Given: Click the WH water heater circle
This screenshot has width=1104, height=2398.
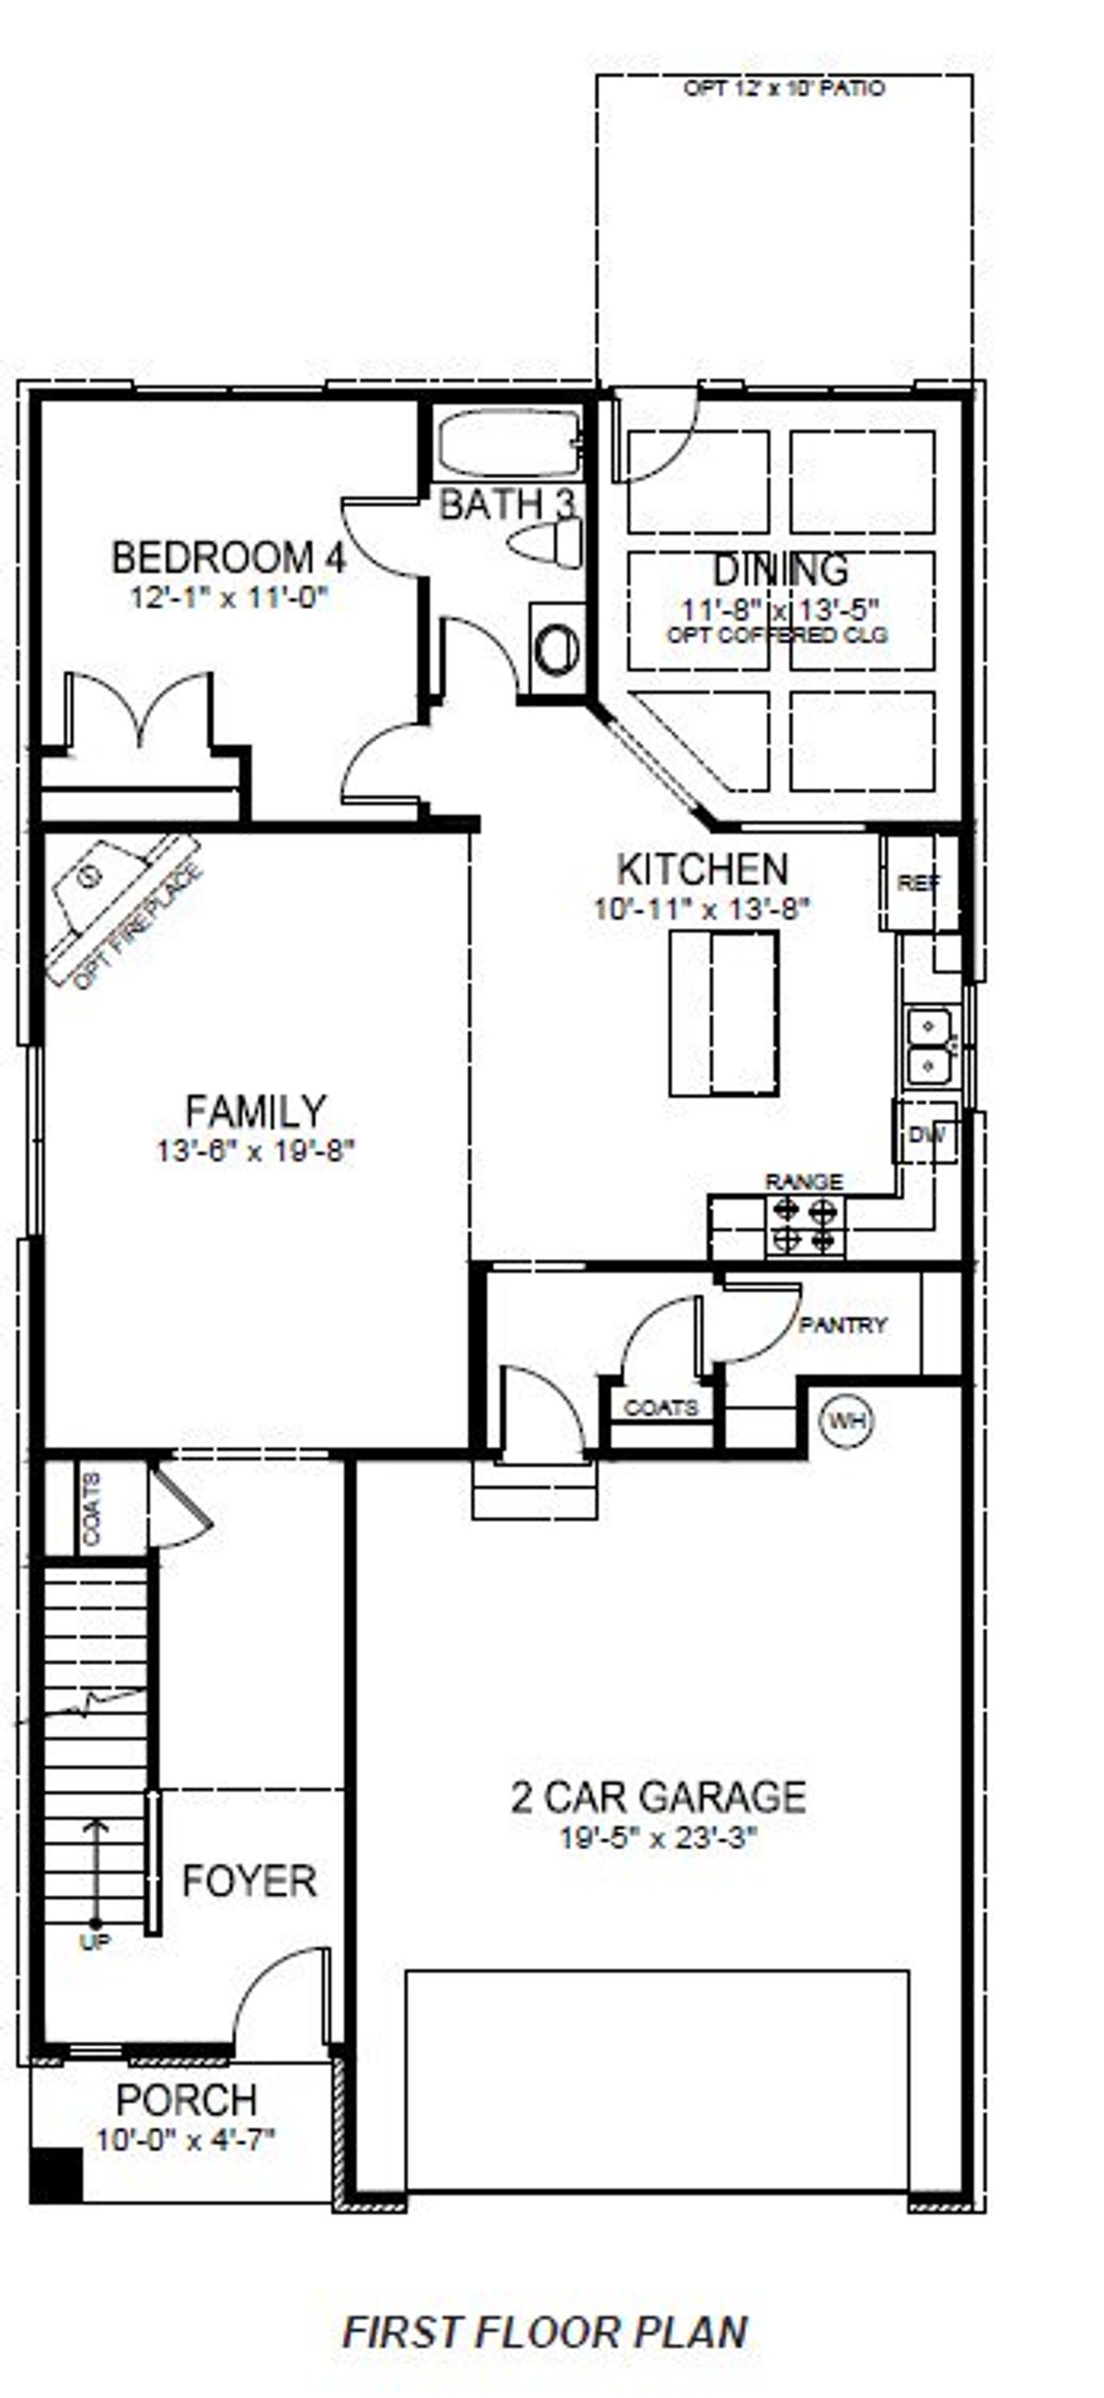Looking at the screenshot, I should click(x=846, y=1420).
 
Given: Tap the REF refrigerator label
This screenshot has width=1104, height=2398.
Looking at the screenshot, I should click(x=919, y=882).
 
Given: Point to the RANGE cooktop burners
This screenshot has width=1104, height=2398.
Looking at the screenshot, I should click(x=804, y=1225).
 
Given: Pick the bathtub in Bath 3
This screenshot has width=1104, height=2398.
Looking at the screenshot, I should click(x=506, y=444).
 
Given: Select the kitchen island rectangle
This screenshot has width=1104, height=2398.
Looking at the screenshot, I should click(x=724, y=1012).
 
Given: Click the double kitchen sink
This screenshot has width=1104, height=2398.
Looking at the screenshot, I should click(x=930, y=1045).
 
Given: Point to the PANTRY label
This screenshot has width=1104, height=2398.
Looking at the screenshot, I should click(x=843, y=1324).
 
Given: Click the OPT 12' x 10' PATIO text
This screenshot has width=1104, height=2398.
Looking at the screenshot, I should click(x=784, y=89).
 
